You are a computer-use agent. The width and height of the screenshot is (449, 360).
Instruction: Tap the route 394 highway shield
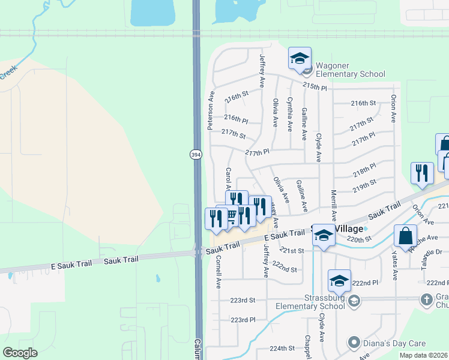click(x=196, y=155)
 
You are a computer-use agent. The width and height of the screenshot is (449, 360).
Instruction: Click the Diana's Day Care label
click(x=396, y=344)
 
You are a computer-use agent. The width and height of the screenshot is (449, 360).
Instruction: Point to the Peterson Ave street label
click(x=211, y=111)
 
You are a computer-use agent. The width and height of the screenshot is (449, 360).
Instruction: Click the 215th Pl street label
click(x=315, y=86)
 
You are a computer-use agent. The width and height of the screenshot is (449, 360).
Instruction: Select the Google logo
click(x=20, y=353)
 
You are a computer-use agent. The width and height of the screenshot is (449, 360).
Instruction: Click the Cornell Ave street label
click(x=218, y=271)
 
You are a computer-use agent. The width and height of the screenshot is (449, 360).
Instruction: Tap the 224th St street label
click(x=282, y=348)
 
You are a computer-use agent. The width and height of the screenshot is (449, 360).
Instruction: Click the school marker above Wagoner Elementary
click(x=300, y=58)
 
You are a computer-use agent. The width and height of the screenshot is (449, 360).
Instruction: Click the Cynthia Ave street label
click(x=290, y=115)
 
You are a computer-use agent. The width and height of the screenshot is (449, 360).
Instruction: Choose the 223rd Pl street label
click(x=243, y=320)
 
